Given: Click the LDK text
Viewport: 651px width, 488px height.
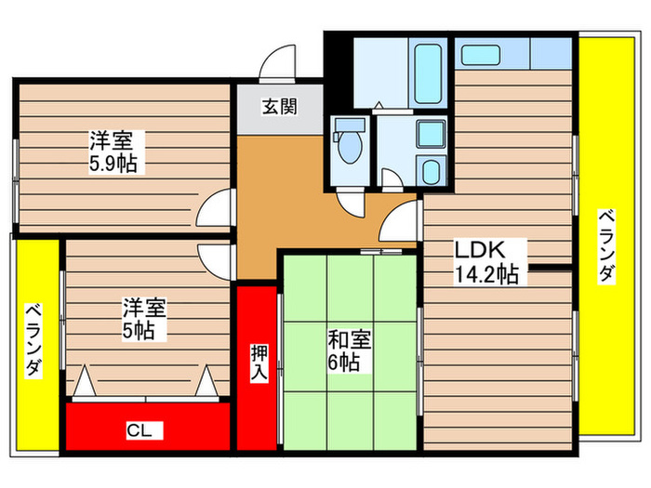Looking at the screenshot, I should point(479,252).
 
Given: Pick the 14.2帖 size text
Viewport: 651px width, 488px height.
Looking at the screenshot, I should point(487,274).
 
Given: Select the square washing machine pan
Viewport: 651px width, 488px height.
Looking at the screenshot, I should point(430,133).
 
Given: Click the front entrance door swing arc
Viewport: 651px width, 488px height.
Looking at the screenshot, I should point(277,61).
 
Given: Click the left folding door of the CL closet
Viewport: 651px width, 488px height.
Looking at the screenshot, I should point(83,381).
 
